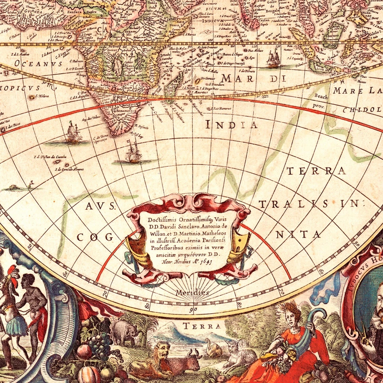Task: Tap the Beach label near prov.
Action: point(321,97)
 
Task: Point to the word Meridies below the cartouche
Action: point(192,293)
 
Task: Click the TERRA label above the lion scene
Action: point(202,326)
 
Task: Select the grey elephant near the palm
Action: point(124,332)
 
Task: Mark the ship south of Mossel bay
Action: point(133,152)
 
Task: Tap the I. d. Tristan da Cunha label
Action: point(50,156)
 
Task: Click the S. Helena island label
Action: point(42,96)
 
